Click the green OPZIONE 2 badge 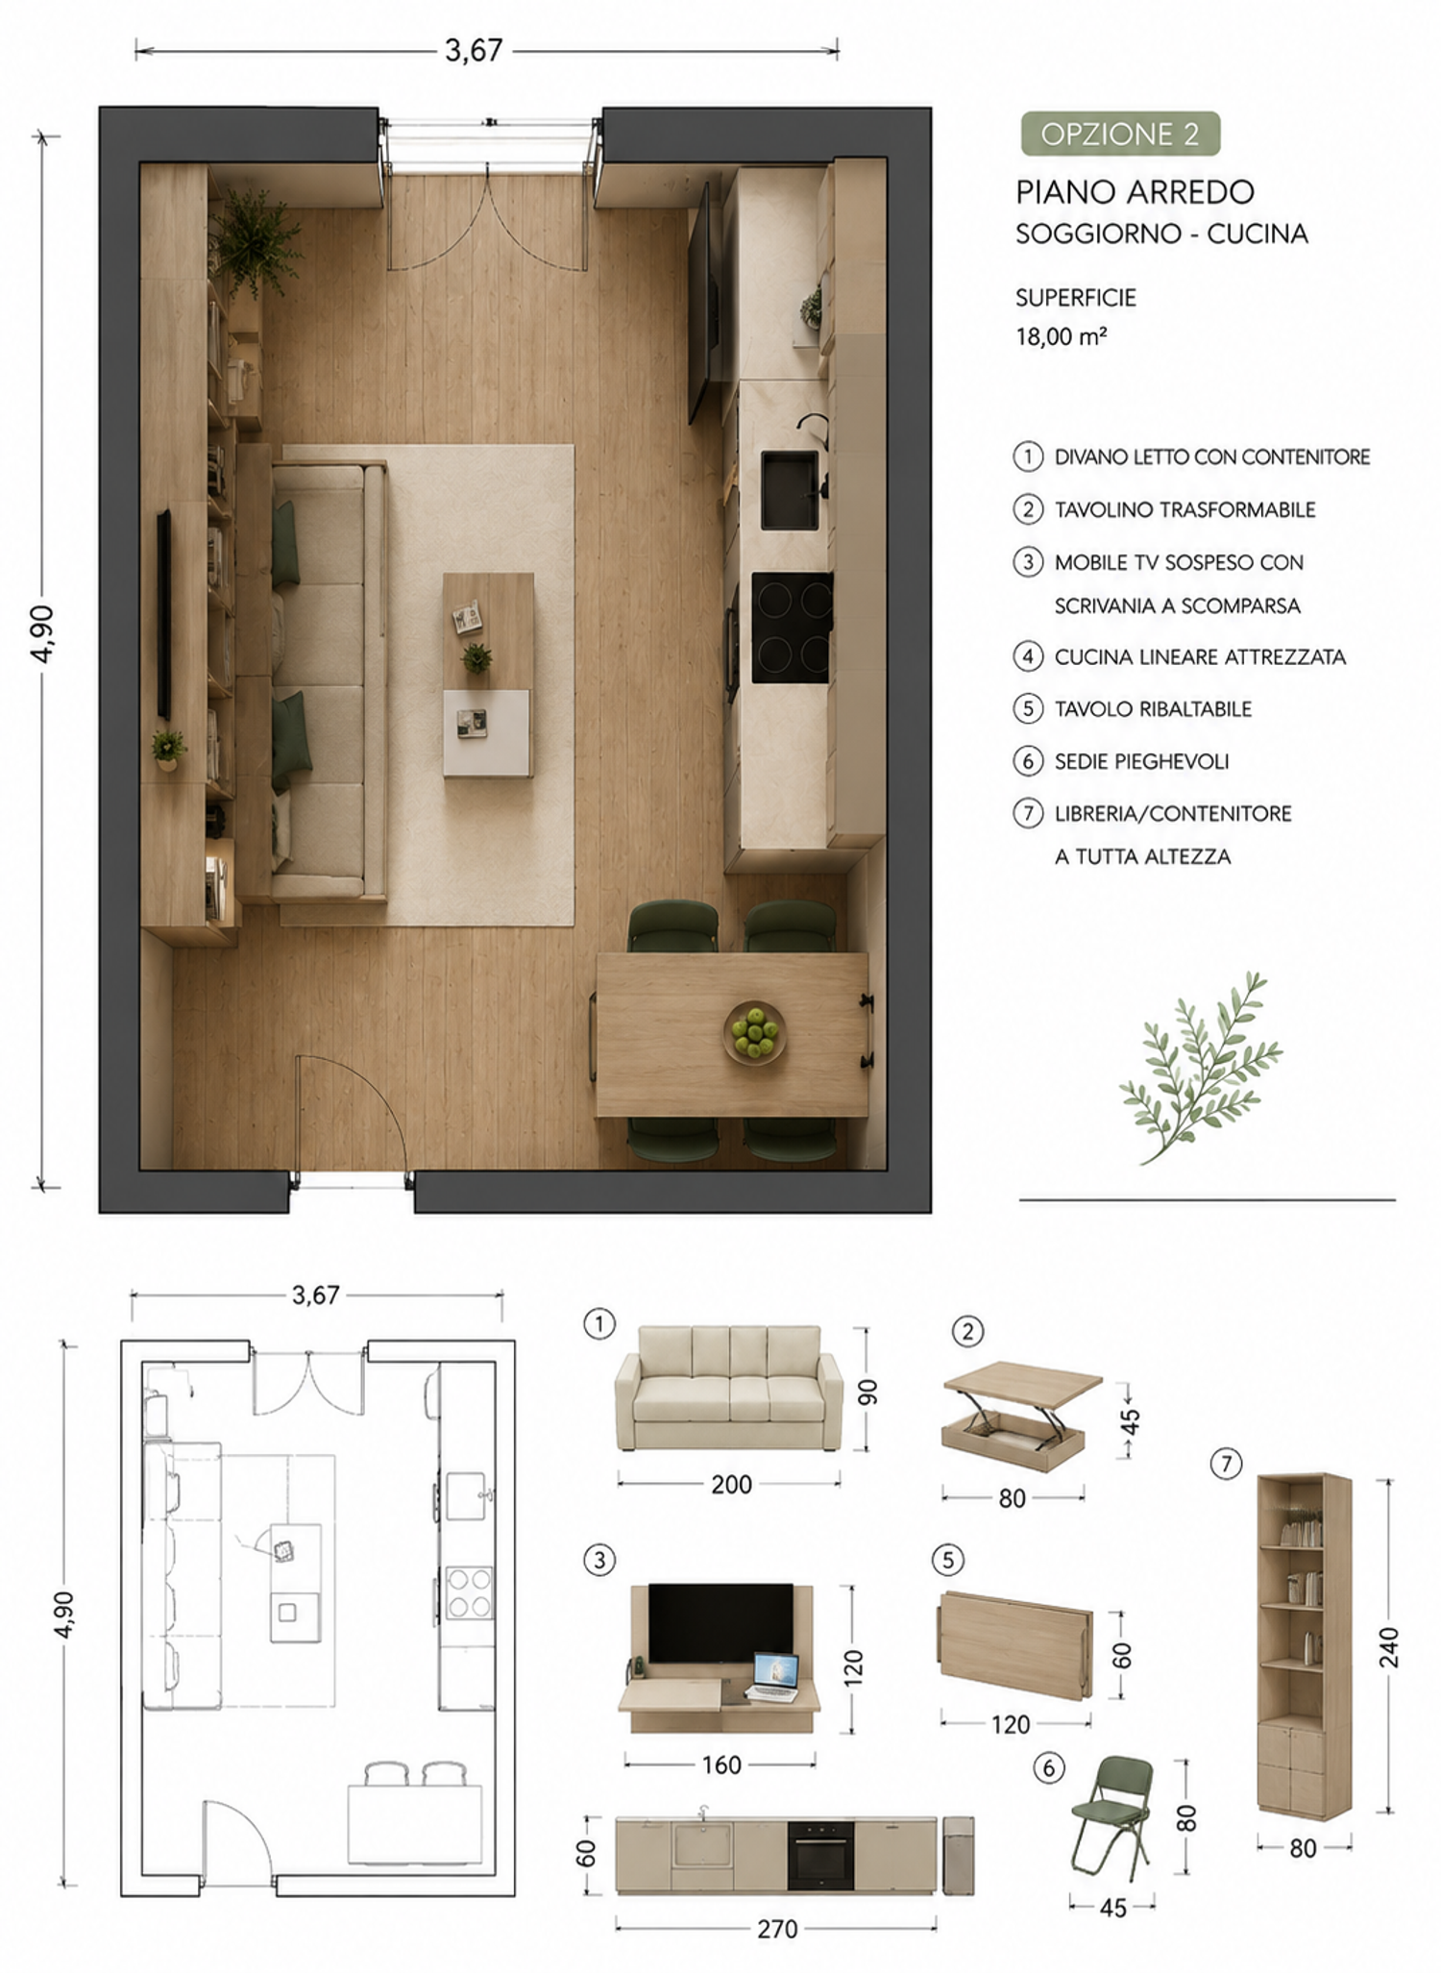coord(1120,134)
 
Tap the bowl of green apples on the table coord(754,1032)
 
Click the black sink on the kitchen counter coord(790,490)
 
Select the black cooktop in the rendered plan coord(792,628)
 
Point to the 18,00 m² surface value coord(1062,336)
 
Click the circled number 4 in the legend coord(1028,656)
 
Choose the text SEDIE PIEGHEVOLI coord(1141,761)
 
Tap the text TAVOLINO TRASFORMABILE coord(1185,509)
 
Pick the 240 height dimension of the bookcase coord(1388,1647)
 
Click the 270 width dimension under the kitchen coord(776,1929)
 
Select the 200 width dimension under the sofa coord(731,1485)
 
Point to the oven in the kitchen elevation coord(820,1855)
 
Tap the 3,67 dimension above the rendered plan coord(474,50)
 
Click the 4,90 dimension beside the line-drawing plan coord(63,1614)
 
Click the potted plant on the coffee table coord(476,657)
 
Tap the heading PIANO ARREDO coord(1135,192)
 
